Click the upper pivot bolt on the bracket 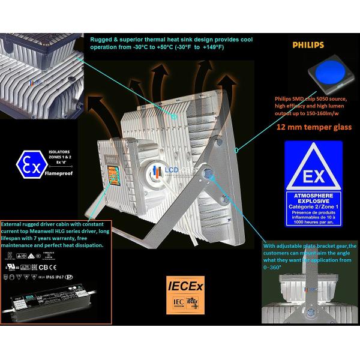pyautogui.click(x=208, y=174)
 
